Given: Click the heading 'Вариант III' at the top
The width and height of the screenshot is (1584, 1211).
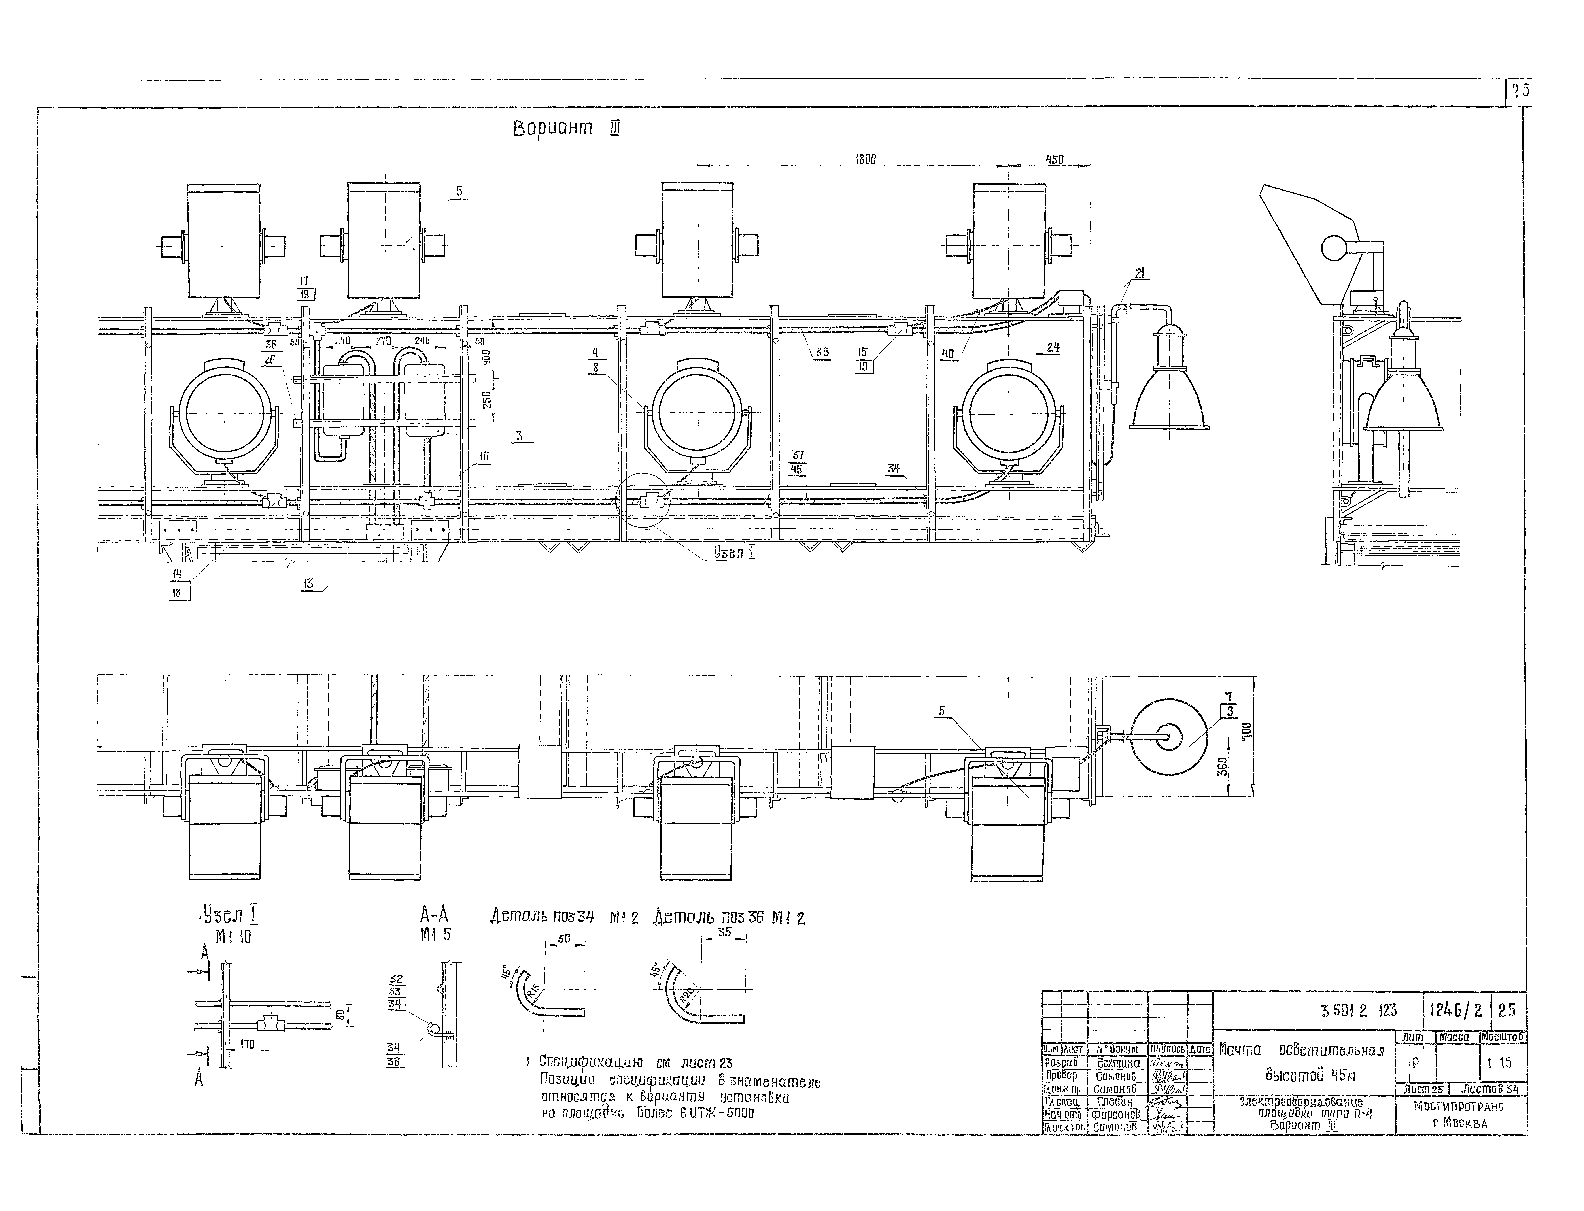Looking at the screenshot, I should pos(566,128).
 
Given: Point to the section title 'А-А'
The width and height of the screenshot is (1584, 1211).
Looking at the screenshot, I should pos(434,916).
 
